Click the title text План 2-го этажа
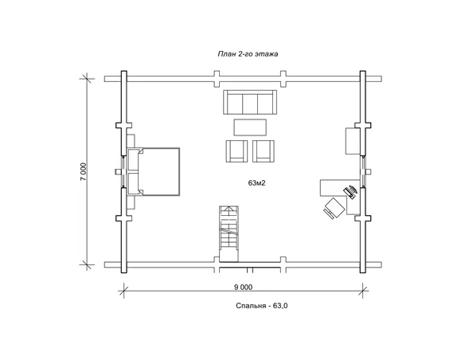[248, 54]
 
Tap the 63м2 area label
[256, 183]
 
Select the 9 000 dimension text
[243, 287]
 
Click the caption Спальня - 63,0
[262, 306]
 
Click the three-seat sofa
[250, 102]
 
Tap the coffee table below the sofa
[250, 127]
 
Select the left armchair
[236, 151]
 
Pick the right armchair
[264, 151]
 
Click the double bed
[154, 171]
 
